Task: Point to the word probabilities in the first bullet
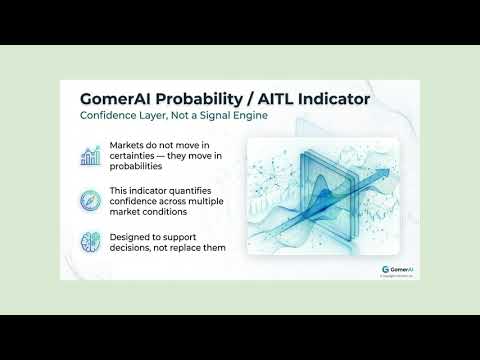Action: click(x=135, y=167)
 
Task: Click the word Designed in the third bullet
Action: click(x=130, y=237)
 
